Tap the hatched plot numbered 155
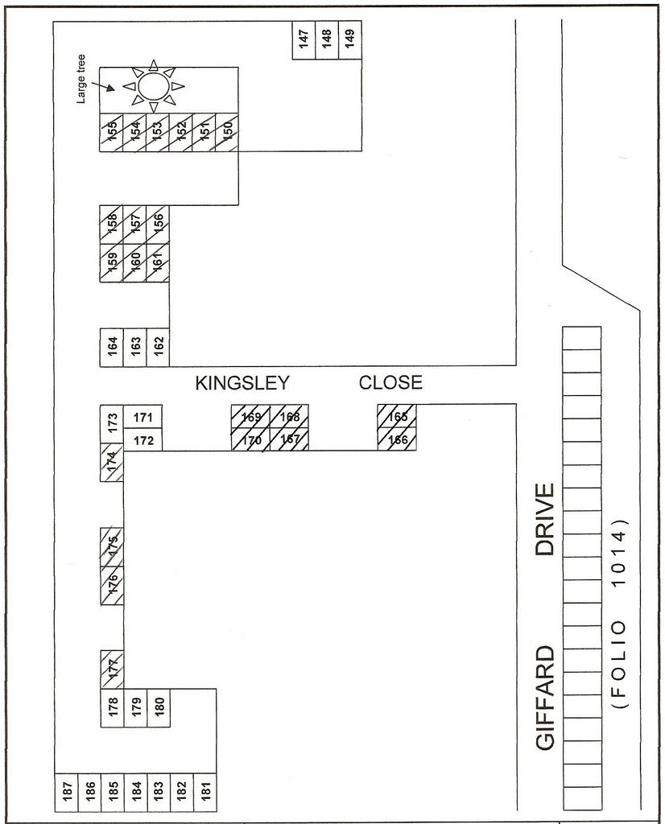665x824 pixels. click(112, 131)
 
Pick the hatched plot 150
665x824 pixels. click(227, 131)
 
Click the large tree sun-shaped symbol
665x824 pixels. click(153, 85)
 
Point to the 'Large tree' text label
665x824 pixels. click(82, 77)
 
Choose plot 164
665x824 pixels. click(112, 347)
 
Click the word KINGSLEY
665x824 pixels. click(242, 384)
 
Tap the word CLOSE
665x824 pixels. click(390, 383)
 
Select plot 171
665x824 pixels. click(143, 417)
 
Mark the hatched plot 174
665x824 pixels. click(112, 462)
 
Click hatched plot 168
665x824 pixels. click(289, 416)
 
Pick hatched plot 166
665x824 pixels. click(397, 439)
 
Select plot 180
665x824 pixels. click(159, 707)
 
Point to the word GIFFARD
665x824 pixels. click(546, 698)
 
